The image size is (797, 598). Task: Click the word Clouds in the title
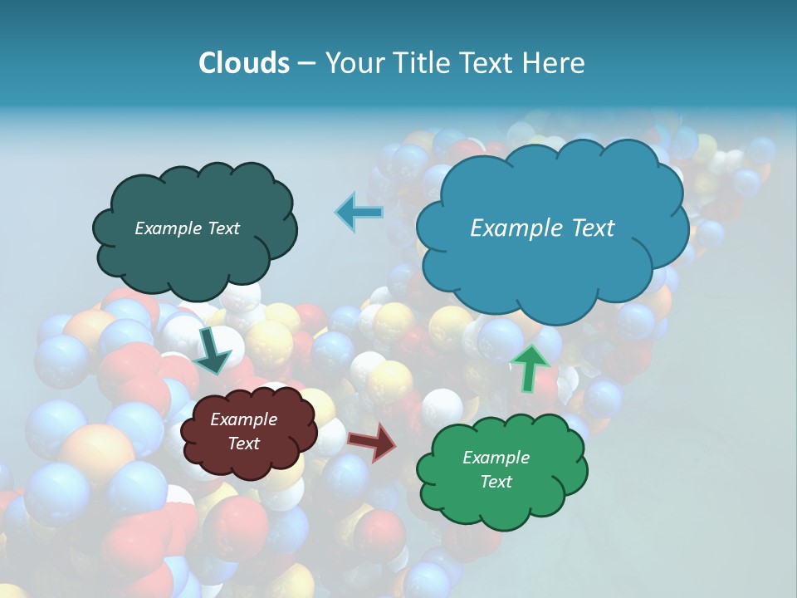coord(243,63)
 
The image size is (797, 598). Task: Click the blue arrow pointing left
coord(359,212)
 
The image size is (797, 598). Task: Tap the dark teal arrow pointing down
coord(213,350)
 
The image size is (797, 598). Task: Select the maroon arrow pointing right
coord(372,442)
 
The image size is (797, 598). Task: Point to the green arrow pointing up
coord(531,367)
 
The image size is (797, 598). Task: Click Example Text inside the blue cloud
coord(542,228)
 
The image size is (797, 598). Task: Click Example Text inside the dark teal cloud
coord(187,228)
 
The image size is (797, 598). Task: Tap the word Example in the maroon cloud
coord(243,420)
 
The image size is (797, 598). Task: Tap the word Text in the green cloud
coord(496,482)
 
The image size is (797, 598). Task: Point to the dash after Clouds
coord(306,64)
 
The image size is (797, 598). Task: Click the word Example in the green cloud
coord(496,458)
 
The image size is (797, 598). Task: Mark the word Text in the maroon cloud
coord(243,444)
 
